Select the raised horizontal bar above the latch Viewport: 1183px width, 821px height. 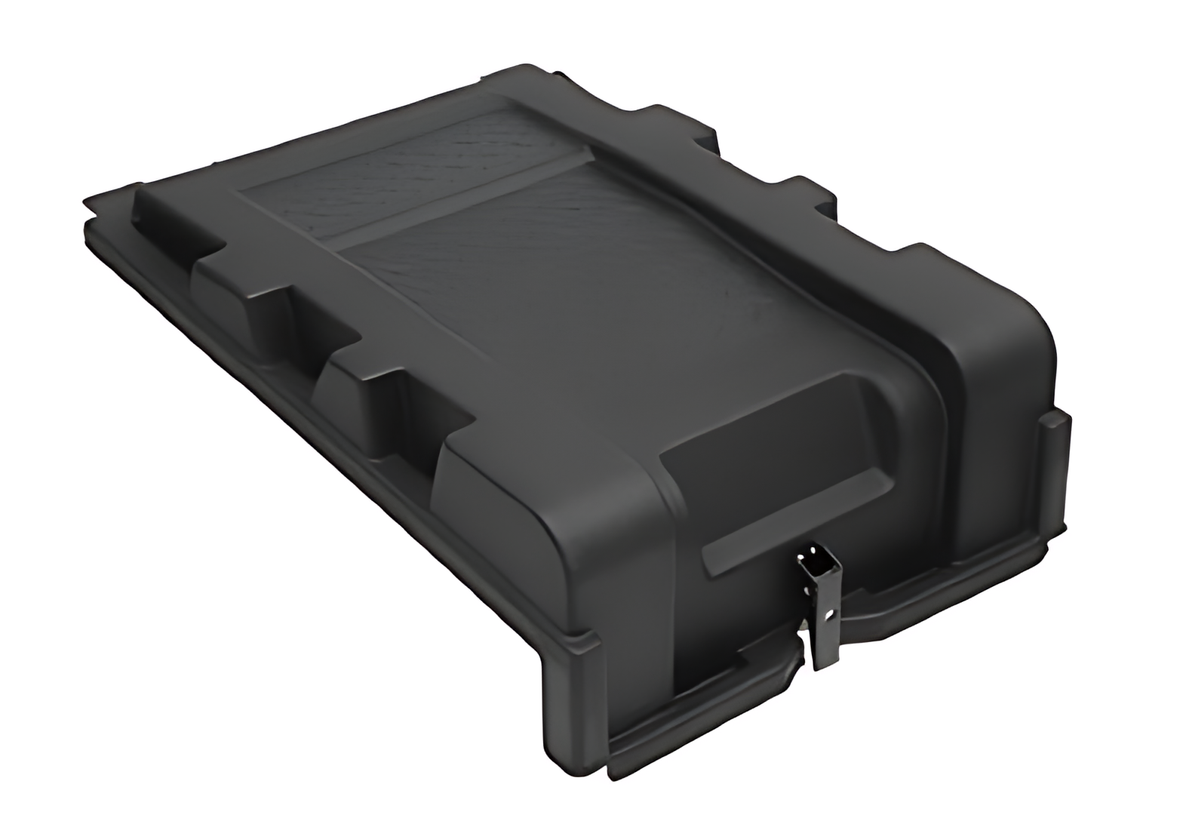(792, 513)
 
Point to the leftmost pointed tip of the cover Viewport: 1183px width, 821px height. (85, 202)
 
